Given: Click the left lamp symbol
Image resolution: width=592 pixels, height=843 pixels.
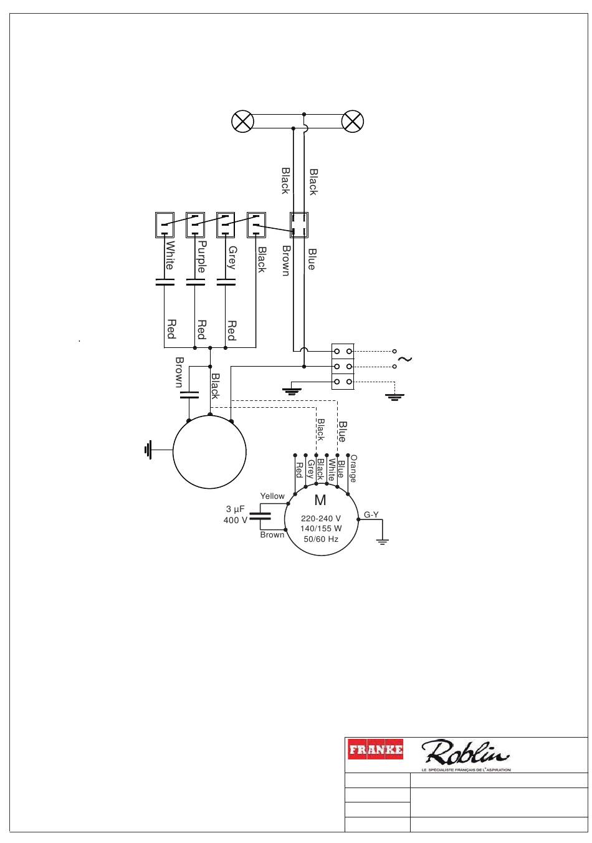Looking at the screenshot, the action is coord(242,121).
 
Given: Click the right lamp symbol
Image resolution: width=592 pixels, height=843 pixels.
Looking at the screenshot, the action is coord(353,121).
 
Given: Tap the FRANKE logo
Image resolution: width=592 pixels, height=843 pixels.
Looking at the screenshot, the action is coord(375,749).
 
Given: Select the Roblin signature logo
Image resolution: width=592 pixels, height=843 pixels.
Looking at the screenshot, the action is coord(465,753).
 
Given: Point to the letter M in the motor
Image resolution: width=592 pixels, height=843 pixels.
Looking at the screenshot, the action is coord(320,500).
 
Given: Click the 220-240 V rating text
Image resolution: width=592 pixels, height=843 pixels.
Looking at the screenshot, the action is coord(321,518).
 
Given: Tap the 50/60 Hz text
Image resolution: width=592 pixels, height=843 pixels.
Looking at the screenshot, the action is coord(321,539).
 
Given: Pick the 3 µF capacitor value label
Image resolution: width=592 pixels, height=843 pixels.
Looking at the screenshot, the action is coord(235,509).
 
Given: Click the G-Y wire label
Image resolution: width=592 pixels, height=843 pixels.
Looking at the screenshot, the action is coord(371,514).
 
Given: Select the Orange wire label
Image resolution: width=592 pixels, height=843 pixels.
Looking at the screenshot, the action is coord(353,469).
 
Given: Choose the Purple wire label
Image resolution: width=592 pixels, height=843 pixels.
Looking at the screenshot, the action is coord(202,257).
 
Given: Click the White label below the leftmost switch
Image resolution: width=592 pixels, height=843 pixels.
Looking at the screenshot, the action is coord(170,256).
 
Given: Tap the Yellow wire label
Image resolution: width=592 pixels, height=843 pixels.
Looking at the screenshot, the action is coord(272,496).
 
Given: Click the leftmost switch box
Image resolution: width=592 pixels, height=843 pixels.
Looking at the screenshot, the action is coord(165,225).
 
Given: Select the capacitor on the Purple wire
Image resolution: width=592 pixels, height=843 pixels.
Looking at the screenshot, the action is coord(195,282).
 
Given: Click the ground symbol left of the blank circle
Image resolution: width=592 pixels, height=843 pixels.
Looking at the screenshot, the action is coord(148,450).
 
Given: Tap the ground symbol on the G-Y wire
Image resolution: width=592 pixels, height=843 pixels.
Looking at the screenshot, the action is coord(382,542).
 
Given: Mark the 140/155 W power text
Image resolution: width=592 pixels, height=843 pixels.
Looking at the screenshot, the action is coord(321,528).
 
